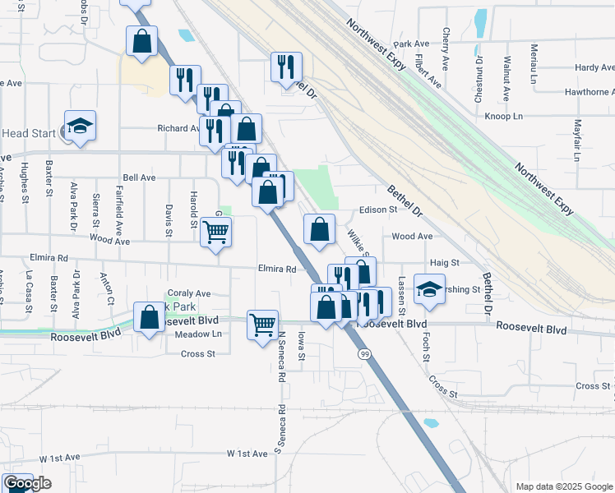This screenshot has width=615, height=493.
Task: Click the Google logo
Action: coord(28,484)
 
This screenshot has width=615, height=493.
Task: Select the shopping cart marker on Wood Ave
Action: coord(215,233)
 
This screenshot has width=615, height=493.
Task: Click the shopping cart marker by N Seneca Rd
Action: coord(262,325)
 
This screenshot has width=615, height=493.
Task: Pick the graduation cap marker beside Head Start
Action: coord(80,126)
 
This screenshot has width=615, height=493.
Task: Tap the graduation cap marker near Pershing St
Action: coord(428,289)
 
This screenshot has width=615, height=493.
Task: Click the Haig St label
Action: coord(442,262)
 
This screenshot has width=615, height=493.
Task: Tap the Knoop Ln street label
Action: coord(504,117)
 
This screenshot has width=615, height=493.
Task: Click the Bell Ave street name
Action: coord(138,177)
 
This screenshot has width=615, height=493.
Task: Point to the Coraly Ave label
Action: coord(189,293)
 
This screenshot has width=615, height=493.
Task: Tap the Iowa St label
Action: coord(301,346)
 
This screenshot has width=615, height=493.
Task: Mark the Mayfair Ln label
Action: coord(576,140)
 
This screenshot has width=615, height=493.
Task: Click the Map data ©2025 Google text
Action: coord(562,486)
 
